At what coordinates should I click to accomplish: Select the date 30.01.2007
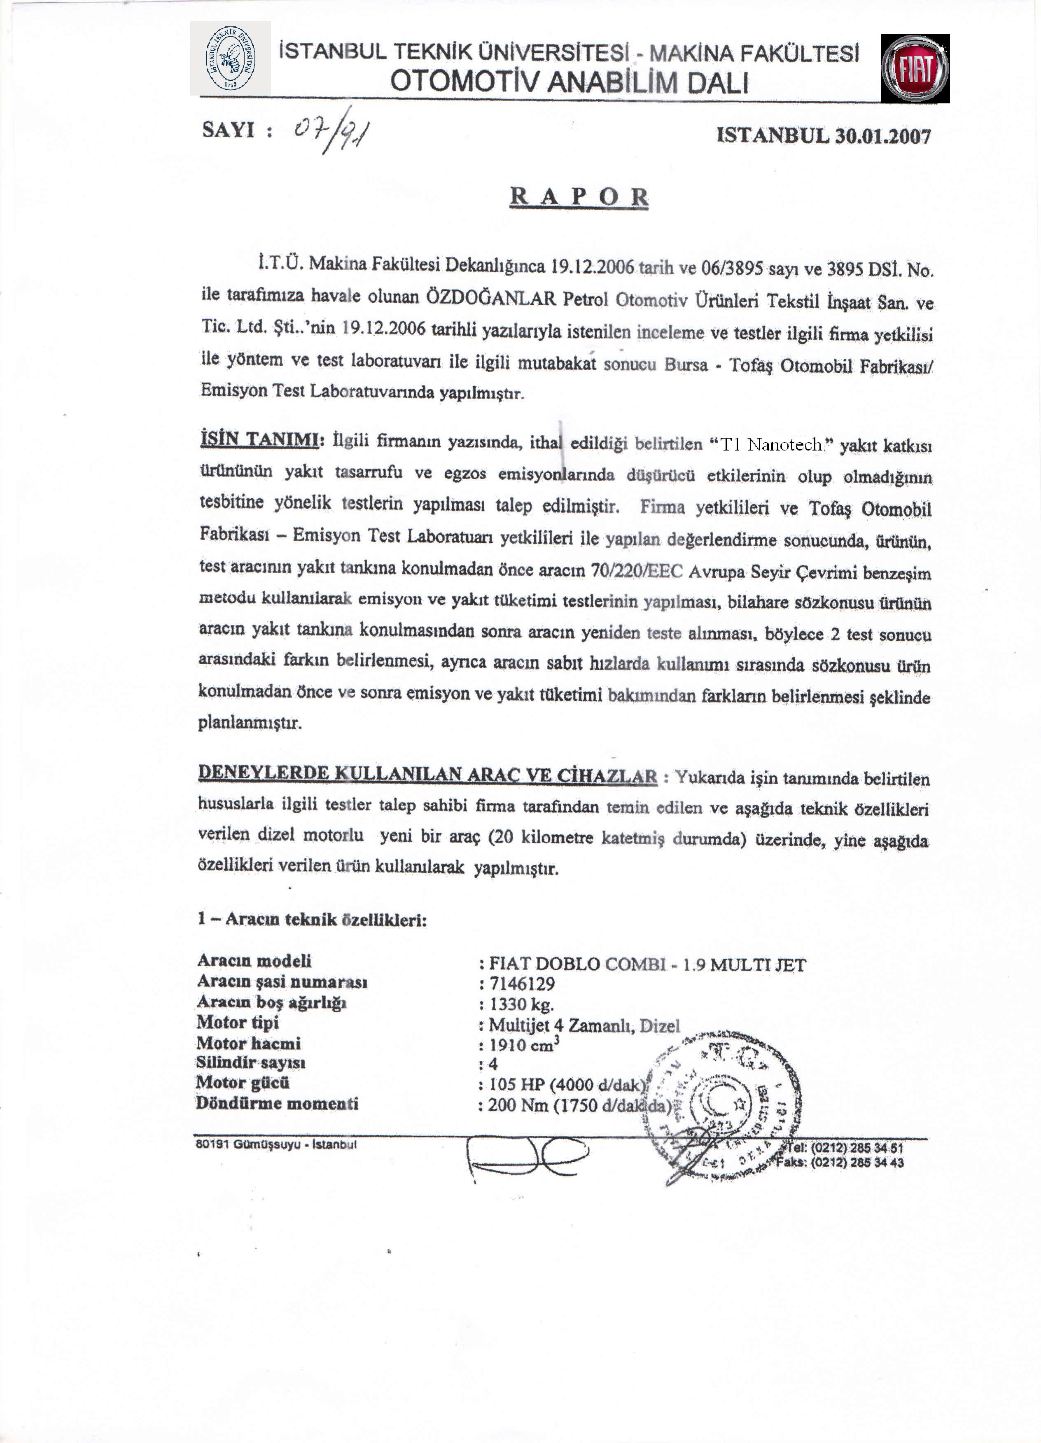882,135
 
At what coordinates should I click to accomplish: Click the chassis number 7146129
522,984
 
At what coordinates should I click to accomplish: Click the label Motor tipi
237,1023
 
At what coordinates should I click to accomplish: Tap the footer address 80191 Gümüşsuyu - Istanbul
276,1144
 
